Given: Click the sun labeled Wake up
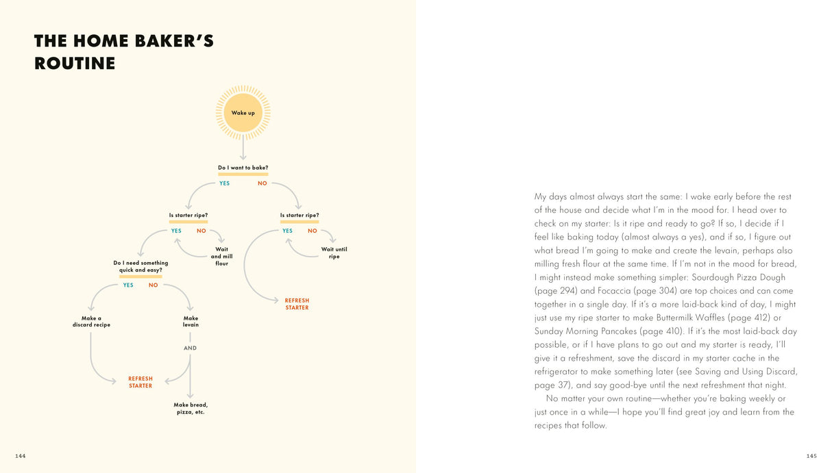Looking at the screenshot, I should pos(243,112).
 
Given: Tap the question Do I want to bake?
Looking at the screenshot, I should pos(243,168).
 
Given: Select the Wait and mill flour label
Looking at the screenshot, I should pos(221,257).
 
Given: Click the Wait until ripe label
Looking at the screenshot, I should pos(334,253).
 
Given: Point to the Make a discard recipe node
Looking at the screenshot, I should pos(91,322).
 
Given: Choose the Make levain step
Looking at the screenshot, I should pos(191,322).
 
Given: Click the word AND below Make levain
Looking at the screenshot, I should pos(190,348).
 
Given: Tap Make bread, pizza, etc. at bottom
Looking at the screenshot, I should pos(191,409).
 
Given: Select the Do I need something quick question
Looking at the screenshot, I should pos(140,266).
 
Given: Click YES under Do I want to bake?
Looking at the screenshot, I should pos(224,183).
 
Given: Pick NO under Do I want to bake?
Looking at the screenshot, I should pos(262,183).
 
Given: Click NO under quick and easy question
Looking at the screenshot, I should pos(154,285).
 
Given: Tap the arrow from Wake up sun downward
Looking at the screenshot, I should pos(243,147).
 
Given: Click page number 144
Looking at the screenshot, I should pos(20,455).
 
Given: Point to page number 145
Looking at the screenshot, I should pos(811,455).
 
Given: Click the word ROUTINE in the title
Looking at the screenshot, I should pos(75,64).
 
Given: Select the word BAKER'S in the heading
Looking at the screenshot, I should pos(163,41).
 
